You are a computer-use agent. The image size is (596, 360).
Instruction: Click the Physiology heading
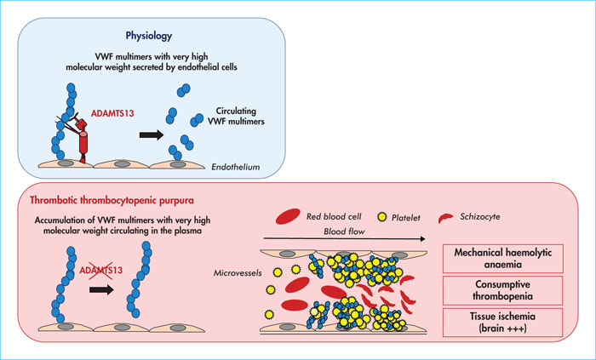click(x=149, y=36)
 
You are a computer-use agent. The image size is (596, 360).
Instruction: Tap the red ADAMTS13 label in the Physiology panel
click(x=112, y=113)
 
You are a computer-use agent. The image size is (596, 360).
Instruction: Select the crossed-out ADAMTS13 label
click(x=101, y=271)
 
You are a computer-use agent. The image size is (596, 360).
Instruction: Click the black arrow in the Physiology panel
click(x=152, y=134)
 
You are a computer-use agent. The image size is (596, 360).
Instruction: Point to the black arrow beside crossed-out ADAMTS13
click(x=101, y=290)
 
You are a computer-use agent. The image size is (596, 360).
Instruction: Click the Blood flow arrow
click(x=344, y=239)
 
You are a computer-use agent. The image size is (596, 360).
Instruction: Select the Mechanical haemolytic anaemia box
click(x=503, y=259)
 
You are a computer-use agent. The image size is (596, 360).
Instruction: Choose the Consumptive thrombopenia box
click(x=502, y=290)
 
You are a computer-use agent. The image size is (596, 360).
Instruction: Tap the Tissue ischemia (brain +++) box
click(x=502, y=322)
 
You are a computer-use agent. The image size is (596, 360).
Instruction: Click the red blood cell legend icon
click(x=288, y=216)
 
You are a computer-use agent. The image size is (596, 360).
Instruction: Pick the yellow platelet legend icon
click(x=381, y=217)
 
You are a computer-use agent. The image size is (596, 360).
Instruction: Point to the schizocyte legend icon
click(x=445, y=219)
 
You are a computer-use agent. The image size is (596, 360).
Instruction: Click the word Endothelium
click(x=236, y=166)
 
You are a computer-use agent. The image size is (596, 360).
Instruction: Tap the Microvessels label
click(x=238, y=272)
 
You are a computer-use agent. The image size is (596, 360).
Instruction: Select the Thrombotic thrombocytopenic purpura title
click(x=112, y=200)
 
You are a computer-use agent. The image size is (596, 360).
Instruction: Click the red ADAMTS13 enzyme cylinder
click(x=83, y=143)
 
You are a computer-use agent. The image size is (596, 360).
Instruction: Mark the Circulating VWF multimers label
click(x=236, y=117)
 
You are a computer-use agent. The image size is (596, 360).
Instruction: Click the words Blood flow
click(x=344, y=231)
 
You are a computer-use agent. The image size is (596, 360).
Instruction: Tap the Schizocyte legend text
click(x=480, y=216)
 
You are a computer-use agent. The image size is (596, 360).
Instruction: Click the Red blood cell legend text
click(x=334, y=216)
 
